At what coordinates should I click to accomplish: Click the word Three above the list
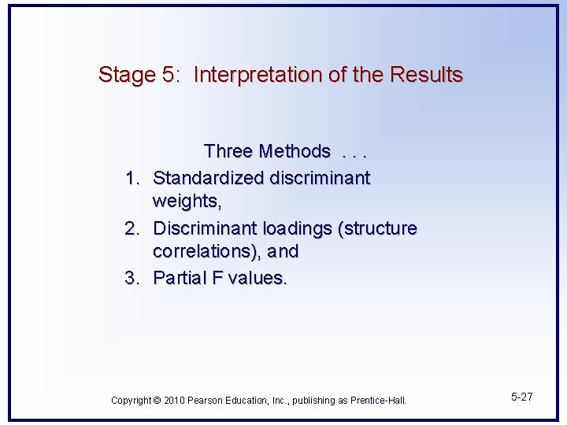click(x=228, y=151)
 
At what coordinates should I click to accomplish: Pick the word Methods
click(x=295, y=151)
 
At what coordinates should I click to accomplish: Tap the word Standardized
click(x=209, y=179)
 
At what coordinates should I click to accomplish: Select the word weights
click(x=187, y=202)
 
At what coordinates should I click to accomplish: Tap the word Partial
click(x=180, y=278)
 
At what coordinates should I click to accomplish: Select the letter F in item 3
click(x=218, y=278)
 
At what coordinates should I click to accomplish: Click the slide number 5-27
click(x=521, y=397)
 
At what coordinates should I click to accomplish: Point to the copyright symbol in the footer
click(x=157, y=401)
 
